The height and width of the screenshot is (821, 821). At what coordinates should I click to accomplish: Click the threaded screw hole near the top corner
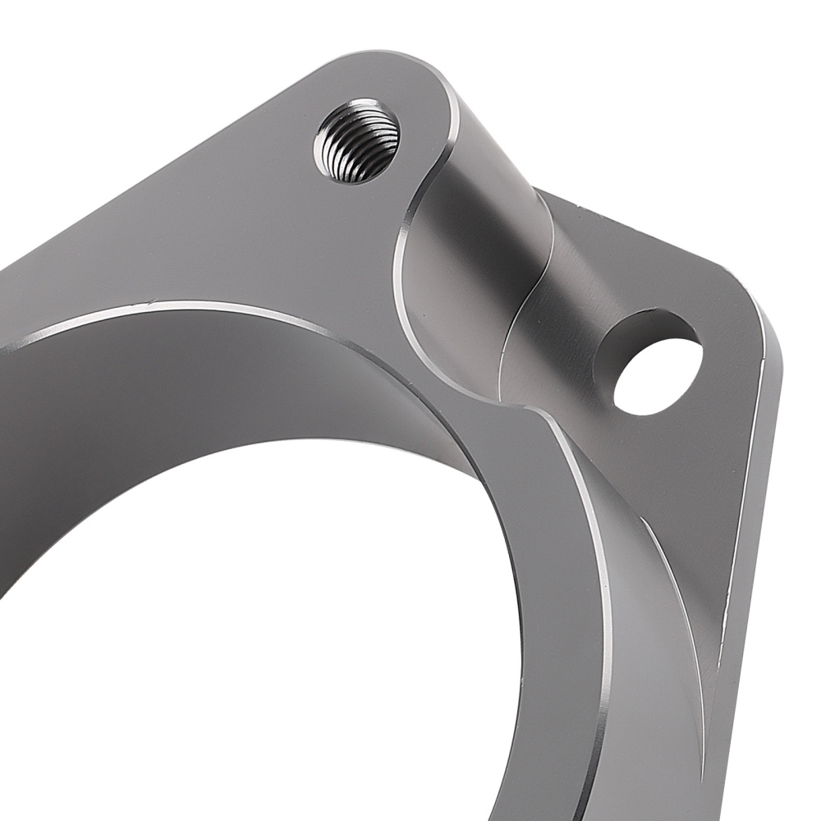click(356, 140)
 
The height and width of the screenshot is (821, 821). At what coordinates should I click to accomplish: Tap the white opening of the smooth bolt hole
click(658, 377)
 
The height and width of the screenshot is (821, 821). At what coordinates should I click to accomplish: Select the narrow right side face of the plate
click(751, 534)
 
